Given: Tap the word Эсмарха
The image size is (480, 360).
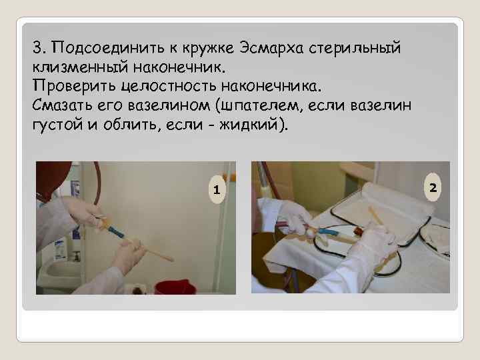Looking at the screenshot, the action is pyautogui.click(x=271, y=48).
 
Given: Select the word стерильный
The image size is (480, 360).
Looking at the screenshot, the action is pyautogui.click(x=355, y=49).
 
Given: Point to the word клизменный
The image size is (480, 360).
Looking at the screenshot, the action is pyautogui.click(x=80, y=67).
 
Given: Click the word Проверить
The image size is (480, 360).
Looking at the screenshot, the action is pyautogui.click(x=75, y=87).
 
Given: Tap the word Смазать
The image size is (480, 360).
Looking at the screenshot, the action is pyautogui.click(x=62, y=105).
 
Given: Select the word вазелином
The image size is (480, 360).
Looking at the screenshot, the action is pyautogui.click(x=169, y=106).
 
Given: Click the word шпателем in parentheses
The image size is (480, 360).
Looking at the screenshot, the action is pyautogui.click(x=259, y=106).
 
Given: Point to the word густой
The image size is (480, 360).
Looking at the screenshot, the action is pyautogui.click(x=57, y=125).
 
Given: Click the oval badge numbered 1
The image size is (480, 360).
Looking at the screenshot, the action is pyautogui.click(x=217, y=189).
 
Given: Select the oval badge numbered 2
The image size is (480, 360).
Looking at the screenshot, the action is pyautogui.click(x=433, y=187).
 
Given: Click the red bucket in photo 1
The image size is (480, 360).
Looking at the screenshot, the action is pyautogui.click(x=175, y=288).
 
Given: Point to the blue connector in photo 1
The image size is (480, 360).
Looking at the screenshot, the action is pyautogui.click(x=116, y=232).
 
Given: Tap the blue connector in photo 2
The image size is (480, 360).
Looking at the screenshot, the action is pyautogui.click(x=328, y=232).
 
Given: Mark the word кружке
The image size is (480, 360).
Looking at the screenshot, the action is pyautogui.click(x=209, y=49).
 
